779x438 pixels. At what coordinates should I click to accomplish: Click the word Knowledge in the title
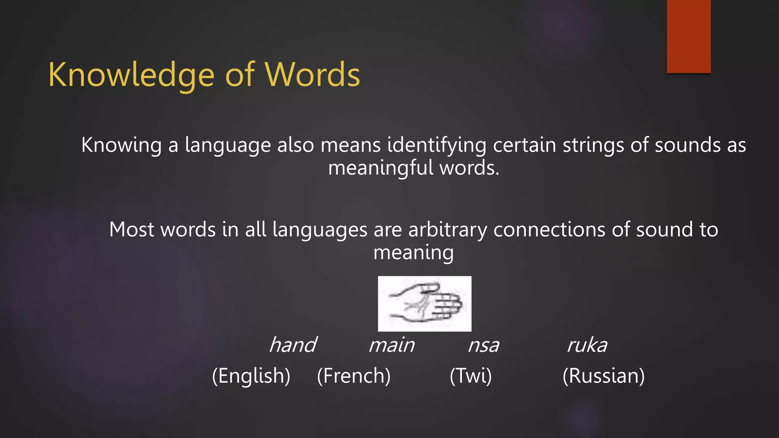click(131, 75)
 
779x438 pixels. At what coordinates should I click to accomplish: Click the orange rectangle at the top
click(688, 36)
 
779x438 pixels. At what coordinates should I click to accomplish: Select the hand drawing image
click(424, 304)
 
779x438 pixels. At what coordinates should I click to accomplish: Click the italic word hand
click(293, 345)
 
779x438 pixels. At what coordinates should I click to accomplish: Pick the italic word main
click(391, 345)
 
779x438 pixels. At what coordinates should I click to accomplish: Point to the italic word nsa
click(483, 345)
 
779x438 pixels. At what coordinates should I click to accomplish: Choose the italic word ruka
click(587, 345)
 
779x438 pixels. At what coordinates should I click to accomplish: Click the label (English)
click(251, 376)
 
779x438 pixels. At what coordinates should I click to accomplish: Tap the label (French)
click(354, 376)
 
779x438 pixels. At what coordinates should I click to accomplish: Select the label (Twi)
click(471, 376)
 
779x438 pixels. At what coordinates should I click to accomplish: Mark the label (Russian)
click(604, 376)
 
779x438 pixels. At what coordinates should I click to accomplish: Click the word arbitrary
click(448, 230)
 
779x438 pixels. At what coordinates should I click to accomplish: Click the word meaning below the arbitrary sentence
click(413, 252)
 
